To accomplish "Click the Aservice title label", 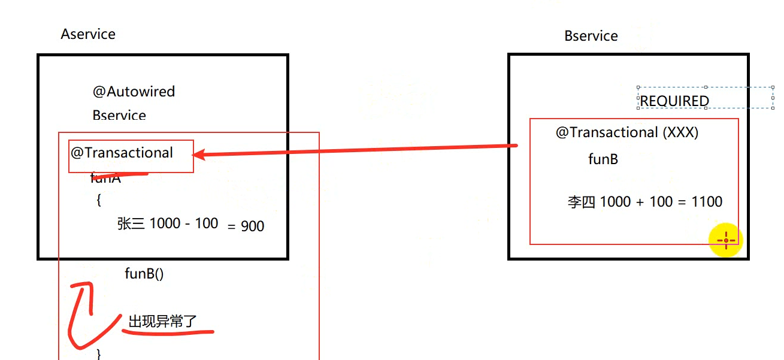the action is coord(88,34).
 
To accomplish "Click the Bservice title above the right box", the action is coord(591,36).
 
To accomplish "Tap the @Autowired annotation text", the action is coord(134,92).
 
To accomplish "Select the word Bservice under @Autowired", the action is coord(119,115).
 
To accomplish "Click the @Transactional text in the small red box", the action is coord(122,153).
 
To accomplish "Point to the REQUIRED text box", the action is coord(674,101).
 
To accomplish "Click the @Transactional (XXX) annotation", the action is coord(627,132).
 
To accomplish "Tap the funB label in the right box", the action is coord(603,159).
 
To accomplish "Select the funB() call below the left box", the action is coord(144,274).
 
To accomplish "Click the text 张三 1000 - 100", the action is coord(168,223).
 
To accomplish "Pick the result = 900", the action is coord(246,226).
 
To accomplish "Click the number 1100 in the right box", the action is coord(707,202).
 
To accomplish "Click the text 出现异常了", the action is coord(162,322).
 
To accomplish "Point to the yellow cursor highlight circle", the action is coord(726,241).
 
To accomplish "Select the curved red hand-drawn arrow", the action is coord(81,314).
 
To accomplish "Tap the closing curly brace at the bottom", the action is coord(99,354).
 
